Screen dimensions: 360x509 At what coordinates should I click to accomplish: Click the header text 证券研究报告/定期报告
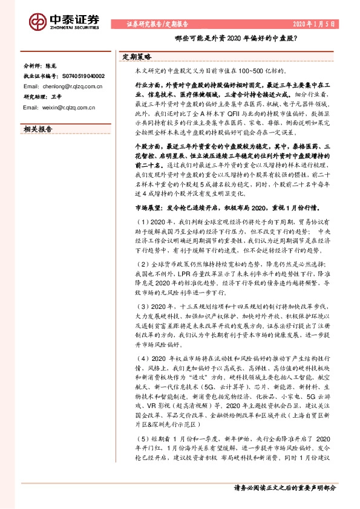[157, 25]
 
